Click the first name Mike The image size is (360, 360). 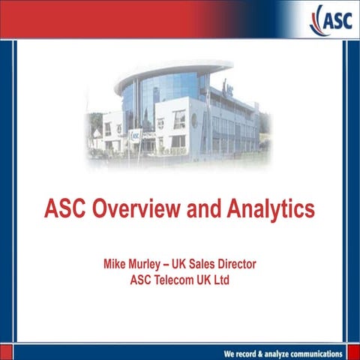pyautogui.click(x=116, y=265)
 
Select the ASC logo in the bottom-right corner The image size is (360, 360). pyautogui.click(x=345, y=353)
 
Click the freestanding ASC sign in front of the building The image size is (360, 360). pyautogui.click(x=135, y=136)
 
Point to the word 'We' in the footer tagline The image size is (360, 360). pyautogui.click(x=232, y=353)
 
